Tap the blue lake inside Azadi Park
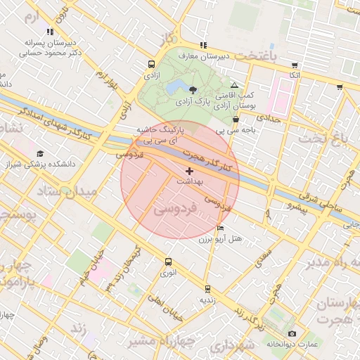(173, 87)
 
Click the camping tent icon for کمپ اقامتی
(234, 84)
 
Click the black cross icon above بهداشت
(188, 171)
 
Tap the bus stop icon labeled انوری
(167, 262)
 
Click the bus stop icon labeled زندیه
(207, 288)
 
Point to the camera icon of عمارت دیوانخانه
(292, 333)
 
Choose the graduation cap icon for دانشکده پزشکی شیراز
(40, 153)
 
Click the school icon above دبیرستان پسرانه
(49, 32)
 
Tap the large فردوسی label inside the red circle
(172, 210)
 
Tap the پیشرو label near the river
(278, 209)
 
